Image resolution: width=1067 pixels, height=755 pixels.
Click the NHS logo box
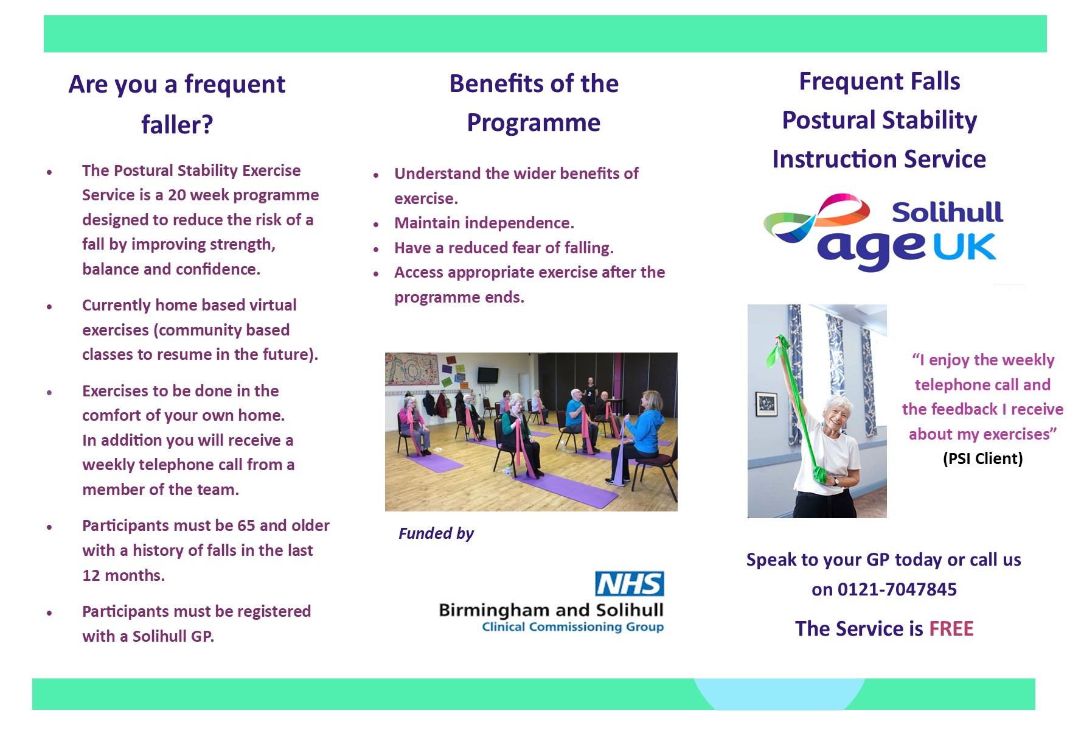coord(630,583)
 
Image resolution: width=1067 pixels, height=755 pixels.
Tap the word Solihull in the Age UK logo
coord(947,212)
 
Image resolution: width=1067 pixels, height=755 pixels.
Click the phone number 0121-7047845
coord(897,589)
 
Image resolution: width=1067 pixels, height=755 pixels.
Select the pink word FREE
coord(951,628)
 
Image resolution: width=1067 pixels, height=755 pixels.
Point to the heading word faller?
coord(177,125)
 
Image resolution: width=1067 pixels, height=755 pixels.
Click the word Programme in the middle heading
coord(533,124)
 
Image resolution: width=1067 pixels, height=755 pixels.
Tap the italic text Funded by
coord(436,534)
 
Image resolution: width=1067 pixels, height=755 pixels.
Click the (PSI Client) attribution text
coord(982,458)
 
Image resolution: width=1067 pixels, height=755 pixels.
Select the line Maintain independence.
coord(484,223)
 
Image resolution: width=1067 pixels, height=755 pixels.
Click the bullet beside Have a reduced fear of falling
coord(376,249)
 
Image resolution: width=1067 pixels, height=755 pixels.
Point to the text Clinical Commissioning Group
coord(572,627)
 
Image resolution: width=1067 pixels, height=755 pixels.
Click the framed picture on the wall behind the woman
coord(766,404)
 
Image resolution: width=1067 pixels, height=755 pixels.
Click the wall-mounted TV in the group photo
coord(488,374)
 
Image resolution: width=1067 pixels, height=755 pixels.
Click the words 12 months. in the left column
coord(123,575)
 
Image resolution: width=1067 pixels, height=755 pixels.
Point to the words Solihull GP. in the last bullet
coord(173,637)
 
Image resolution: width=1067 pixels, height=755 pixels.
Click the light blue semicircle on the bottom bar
coord(779,695)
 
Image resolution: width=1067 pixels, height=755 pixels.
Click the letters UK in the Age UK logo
coord(964,247)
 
